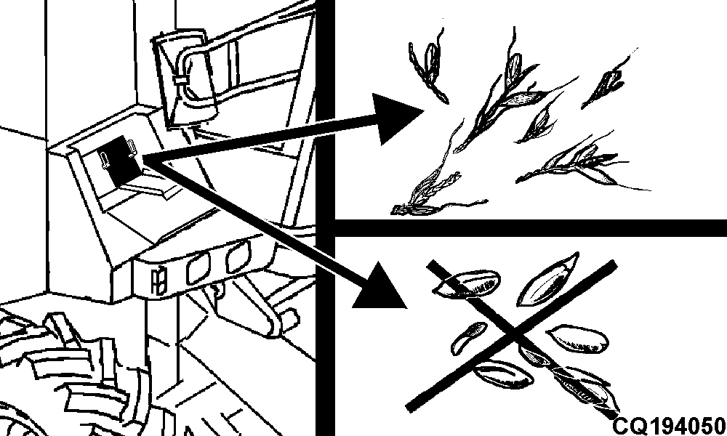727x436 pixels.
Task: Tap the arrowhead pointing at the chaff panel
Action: [395, 116]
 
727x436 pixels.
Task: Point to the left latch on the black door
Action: [105, 160]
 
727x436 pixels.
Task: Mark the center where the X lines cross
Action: [514, 332]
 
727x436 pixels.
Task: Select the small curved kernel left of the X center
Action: [468, 337]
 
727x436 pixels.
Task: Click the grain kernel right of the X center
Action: [578, 339]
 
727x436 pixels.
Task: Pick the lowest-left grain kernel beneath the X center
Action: [503, 374]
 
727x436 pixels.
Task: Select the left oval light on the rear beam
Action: [198, 267]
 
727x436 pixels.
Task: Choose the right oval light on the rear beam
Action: [238, 257]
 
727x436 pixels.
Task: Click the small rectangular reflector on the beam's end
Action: [158, 280]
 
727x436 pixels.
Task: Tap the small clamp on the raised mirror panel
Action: [181, 80]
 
